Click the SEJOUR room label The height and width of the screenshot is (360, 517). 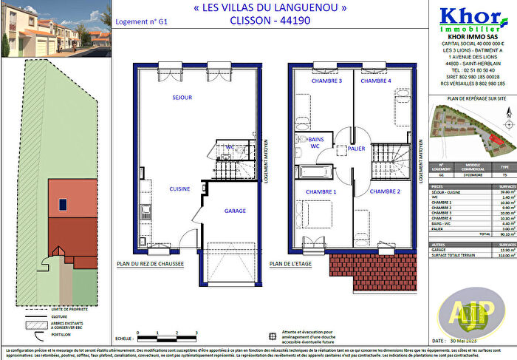pyautogui.click(x=182, y=98)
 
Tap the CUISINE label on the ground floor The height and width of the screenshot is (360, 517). pyautogui.click(x=179, y=189)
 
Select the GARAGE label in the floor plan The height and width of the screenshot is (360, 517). pyautogui.click(x=235, y=211)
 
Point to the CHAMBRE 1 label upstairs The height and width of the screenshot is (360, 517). pyautogui.click(x=323, y=191)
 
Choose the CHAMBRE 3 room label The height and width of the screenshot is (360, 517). pyautogui.click(x=326, y=81)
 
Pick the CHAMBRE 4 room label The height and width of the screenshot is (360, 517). pyautogui.click(x=375, y=81)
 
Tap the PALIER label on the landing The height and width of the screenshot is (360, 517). pyautogui.click(x=357, y=148)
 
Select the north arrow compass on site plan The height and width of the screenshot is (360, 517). pyautogui.click(x=508, y=112)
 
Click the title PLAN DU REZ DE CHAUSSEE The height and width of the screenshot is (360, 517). pyautogui.click(x=150, y=262)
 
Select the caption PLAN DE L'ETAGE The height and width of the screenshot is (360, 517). pyautogui.click(x=292, y=262)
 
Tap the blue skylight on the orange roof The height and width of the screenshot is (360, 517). pyautogui.click(x=63, y=203)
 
